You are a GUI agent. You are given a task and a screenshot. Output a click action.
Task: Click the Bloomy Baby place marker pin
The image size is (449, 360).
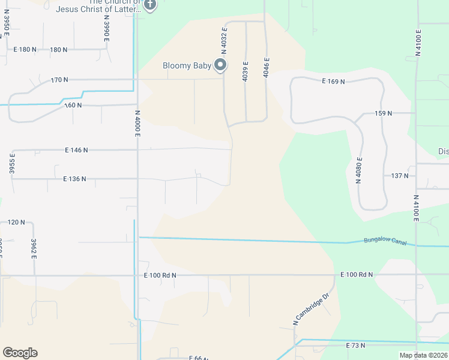pos(220,65)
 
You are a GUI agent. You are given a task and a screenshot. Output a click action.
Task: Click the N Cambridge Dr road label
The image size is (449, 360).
pos(312,309)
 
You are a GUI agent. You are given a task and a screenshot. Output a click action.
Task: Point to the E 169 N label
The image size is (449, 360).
pos(333,80)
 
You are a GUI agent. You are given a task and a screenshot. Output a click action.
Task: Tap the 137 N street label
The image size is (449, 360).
pos(399,176)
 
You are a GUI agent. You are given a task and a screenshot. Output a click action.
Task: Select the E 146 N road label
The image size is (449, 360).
pos(75,150)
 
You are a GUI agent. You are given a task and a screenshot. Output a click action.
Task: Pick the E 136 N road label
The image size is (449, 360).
pos(74,179)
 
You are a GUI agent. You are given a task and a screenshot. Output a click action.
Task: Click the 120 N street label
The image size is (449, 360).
pos(16,222)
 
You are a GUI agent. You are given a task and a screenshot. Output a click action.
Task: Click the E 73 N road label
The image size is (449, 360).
pos(356,346)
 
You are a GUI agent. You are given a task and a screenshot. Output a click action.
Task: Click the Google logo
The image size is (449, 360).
pos(20,353)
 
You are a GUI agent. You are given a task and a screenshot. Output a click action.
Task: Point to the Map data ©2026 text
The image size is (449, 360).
pos(423,355)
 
